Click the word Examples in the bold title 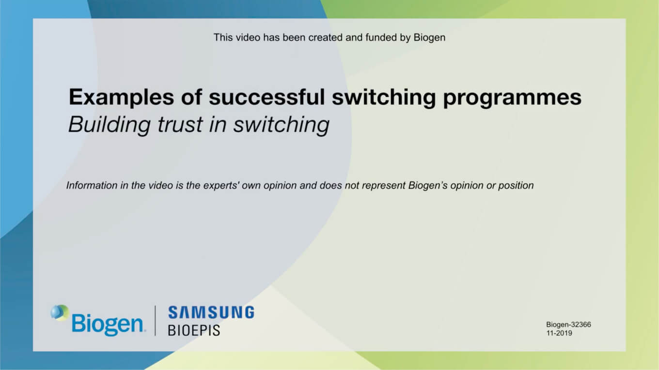pyautogui.click(x=121, y=98)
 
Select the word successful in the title pyautogui.click(x=267, y=97)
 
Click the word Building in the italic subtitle pyautogui.click(x=110, y=125)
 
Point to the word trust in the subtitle pyautogui.click(x=180, y=124)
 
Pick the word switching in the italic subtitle pyautogui.click(x=281, y=125)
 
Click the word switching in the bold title pyautogui.click(x=384, y=98)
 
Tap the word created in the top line pyautogui.click(x=325, y=38)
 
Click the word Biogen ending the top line pyautogui.click(x=429, y=38)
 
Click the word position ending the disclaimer pyautogui.click(x=516, y=186)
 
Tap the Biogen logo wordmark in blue pyautogui.click(x=108, y=325)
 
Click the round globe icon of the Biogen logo pyautogui.click(x=60, y=312)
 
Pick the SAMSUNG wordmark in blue pyautogui.click(x=211, y=312)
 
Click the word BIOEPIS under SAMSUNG pyautogui.click(x=194, y=330)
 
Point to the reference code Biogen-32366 pyautogui.click(x=569, y=325)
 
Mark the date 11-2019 pyautogui.click(x=559, y=333)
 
